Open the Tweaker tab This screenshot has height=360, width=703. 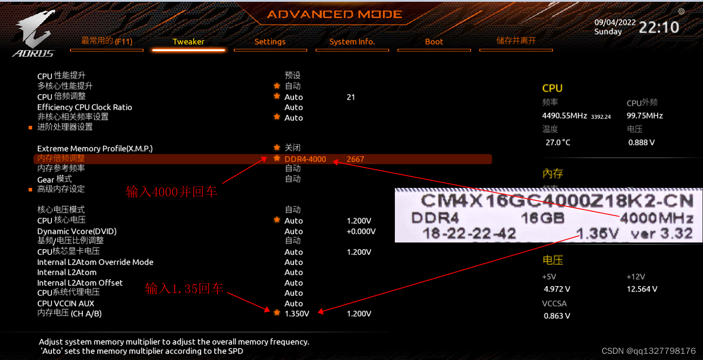188,42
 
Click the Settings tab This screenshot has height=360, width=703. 270,42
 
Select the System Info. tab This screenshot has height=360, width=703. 352,42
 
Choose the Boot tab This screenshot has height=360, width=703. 434,42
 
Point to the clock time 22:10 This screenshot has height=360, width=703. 659,28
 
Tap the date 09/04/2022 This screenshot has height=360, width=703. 615,22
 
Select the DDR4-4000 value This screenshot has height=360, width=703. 305,159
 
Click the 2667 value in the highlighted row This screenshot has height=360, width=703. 355,159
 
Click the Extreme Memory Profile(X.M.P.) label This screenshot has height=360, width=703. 95,149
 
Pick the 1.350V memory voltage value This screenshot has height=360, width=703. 297,314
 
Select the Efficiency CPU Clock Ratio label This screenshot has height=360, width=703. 85,107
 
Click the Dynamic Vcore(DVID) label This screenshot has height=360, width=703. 77,231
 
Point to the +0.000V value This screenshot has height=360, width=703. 361,231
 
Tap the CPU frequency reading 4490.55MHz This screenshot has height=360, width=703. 564,116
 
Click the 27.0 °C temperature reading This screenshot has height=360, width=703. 558,143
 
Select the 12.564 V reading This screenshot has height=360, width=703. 642,289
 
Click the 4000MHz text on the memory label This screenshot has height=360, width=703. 656,218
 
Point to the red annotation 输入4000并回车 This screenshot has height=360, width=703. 171,192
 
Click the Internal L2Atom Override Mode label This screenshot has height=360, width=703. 95,262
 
